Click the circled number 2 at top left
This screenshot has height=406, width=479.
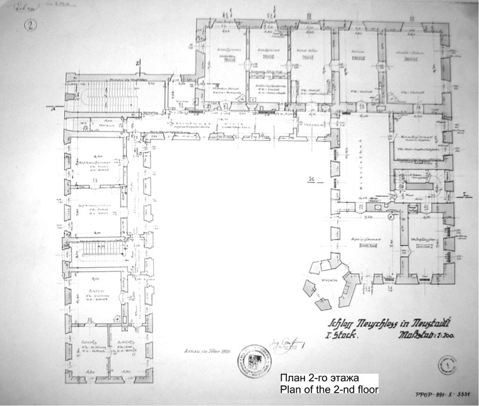click(x=30, y=26)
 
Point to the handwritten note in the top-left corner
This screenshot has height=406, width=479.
click(x=28, y=8)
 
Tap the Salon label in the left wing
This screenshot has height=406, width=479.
click(x=98, y=283)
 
